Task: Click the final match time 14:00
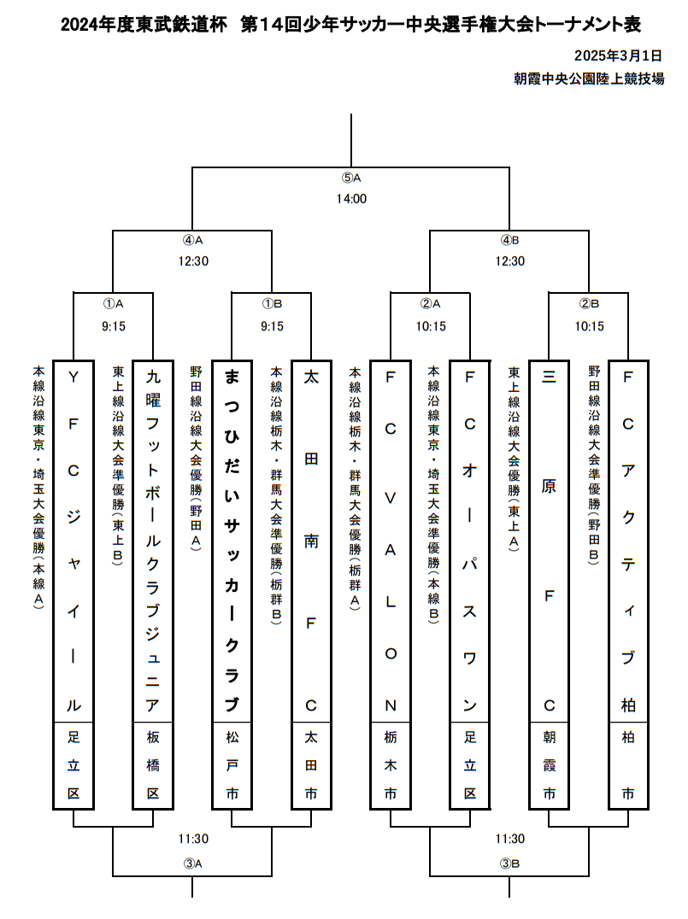click(x=351, y=199)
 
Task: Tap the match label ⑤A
click(x=351, y=179)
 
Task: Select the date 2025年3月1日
click(x=618, y=56)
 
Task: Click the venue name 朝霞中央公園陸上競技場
click(x=589, y=79)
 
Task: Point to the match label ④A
click(x=193, y=240)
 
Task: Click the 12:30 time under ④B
click(x=509, y=261)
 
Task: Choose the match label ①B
click(x=272, y=303)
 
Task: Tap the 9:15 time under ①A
click(x=114, y=326)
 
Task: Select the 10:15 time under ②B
click(x=590, y=326)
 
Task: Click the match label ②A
click(x=431, y=303)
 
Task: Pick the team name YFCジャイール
click(x=74, y=541)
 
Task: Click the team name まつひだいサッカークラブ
click(x=232, y=541)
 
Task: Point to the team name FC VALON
click(x=391, y=541)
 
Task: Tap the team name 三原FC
click(x=549, y=541)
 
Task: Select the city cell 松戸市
click(x=232, y=765)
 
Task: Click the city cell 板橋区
click(x=153, y=765)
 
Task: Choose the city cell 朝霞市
click(x=549, y=765)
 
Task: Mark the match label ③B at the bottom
click(x=509, y=863)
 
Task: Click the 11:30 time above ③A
click(x=193, y=840)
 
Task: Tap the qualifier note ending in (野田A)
click(x=196, y=459)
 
